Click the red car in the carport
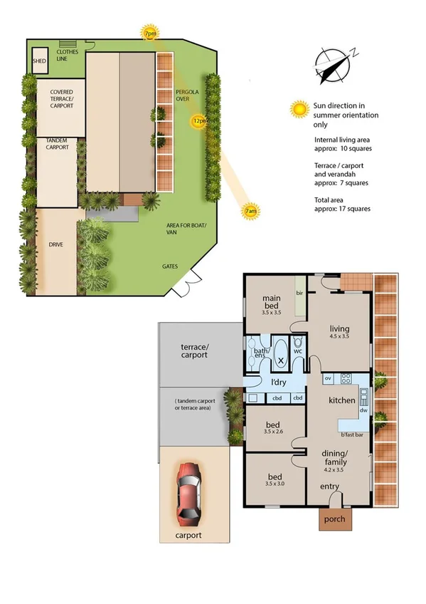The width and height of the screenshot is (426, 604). pos(188,492)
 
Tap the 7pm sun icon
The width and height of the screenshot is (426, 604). pos(150,33)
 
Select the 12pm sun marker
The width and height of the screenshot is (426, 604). pos(200,121)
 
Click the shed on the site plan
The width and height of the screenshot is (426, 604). pos(39,61)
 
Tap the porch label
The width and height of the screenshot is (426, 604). pos(334,519)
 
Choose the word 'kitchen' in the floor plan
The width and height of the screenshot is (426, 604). pos(341,401)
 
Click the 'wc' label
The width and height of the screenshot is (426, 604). pos(297,350)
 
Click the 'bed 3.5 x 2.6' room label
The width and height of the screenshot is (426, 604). pos(272,427)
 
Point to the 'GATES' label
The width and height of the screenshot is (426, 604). pos(169,267)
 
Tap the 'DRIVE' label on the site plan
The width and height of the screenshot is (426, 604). pos(55,244)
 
